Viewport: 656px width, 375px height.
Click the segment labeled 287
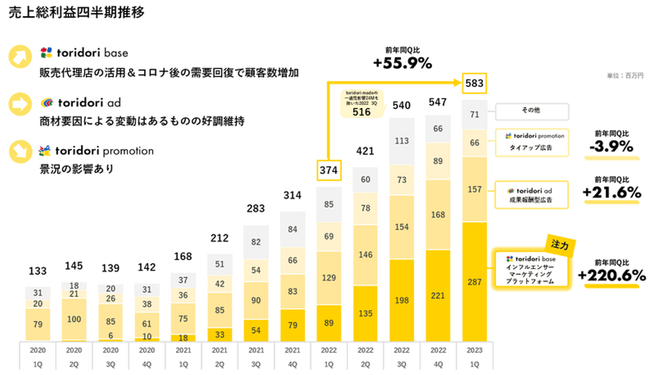474,282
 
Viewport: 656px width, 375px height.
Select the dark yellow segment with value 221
438,296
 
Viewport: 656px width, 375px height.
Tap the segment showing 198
401,300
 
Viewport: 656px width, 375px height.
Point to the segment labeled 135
365,313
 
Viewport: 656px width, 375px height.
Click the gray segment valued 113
401,141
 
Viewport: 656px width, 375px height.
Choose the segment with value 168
438,214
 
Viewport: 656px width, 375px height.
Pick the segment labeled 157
474,189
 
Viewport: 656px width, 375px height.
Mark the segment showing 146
365,255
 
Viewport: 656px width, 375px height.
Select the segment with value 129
328,277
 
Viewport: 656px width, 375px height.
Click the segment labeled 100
74,319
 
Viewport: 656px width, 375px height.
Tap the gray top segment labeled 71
474,114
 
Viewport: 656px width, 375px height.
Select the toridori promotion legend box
531,142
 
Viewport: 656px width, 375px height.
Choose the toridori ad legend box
531,195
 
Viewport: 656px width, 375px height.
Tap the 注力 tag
560,245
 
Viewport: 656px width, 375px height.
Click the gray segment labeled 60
365,180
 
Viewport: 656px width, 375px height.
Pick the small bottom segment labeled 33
220,334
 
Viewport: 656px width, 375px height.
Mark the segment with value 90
256,300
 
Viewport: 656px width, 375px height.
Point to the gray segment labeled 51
220,264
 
